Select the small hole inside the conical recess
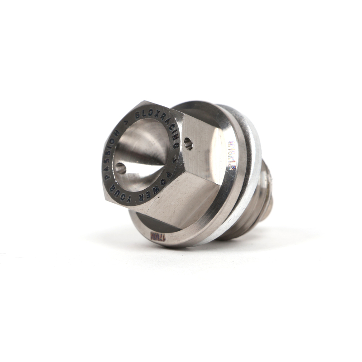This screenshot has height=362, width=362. point(120,168)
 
